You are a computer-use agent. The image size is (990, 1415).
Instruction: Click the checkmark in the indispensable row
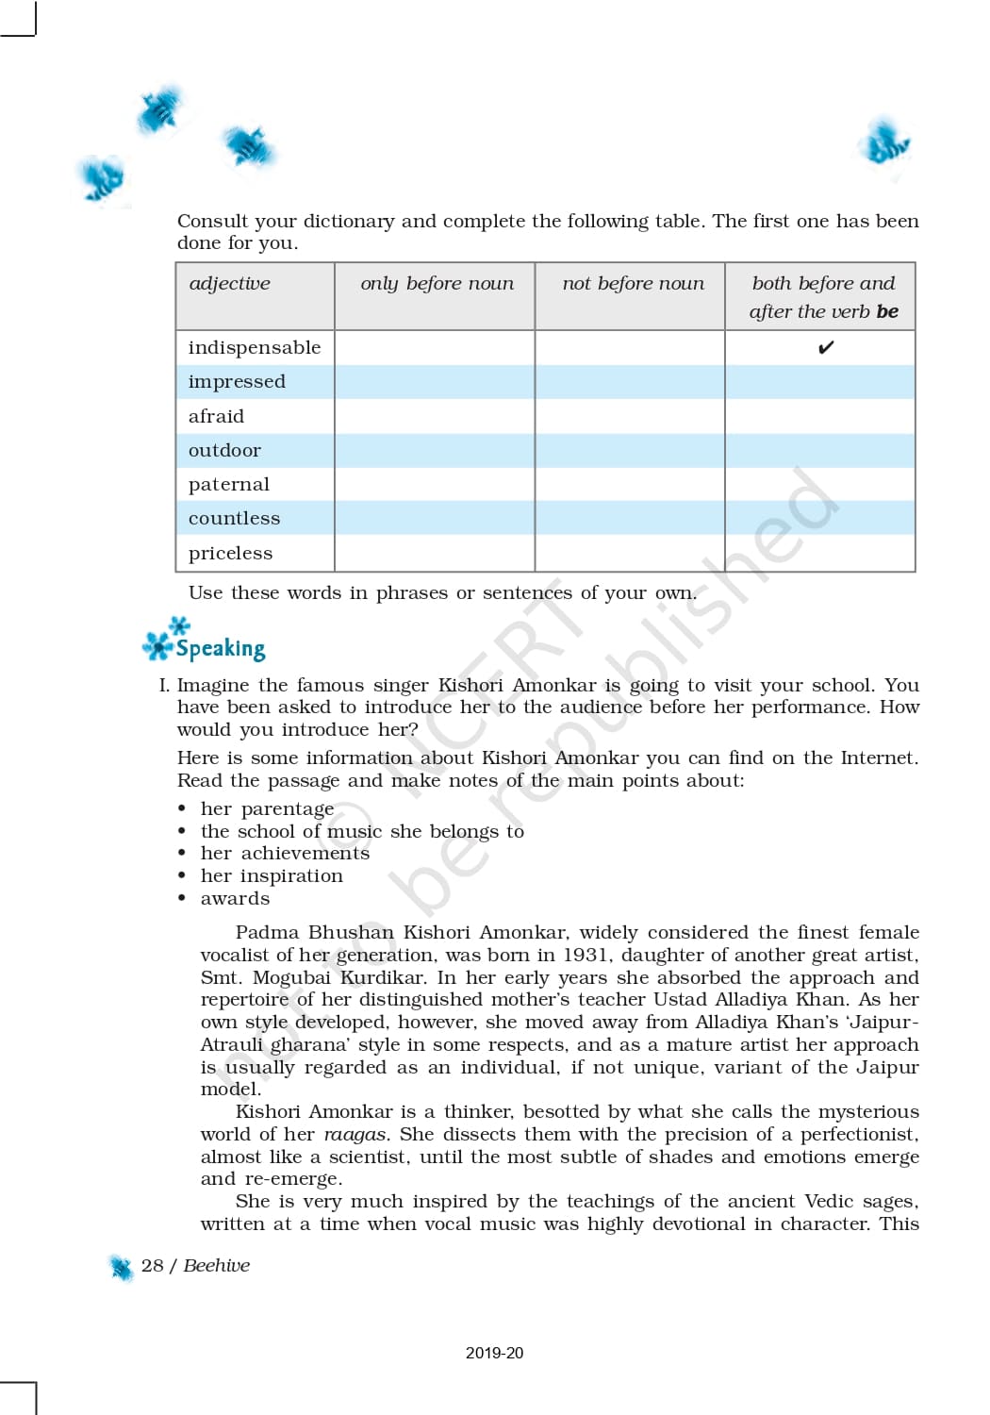coord(826,348)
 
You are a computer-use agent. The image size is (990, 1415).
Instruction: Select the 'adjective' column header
coord(229,283)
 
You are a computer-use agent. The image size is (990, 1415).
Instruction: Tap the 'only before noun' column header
coord(437,283)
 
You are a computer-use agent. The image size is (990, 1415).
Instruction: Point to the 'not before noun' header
coord(633,283)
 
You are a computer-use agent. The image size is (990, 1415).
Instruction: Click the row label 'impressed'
coord(237,382)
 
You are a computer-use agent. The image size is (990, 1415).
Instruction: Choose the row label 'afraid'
coord(216,416)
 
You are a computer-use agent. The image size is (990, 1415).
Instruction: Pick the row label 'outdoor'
coord(224,450)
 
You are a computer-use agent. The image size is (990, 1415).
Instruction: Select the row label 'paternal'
coord(229,484)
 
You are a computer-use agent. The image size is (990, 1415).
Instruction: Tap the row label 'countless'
coord(234,518)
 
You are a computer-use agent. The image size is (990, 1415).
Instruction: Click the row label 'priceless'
coord(230,553)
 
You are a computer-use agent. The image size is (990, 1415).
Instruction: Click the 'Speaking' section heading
coord(220,648)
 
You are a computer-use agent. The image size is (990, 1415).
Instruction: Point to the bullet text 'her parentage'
coord(267,808)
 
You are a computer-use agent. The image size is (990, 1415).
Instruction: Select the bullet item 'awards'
coord(235,898)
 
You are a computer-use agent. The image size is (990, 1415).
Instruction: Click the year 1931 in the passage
coord(585,955)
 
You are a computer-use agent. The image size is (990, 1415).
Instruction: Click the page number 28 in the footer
coord(152,1266)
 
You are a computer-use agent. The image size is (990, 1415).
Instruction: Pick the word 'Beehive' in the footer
coord(217,1266)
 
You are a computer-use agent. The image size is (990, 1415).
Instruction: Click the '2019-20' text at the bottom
coord(494,1353)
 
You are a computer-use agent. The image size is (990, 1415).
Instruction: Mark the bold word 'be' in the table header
coord(887,311)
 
